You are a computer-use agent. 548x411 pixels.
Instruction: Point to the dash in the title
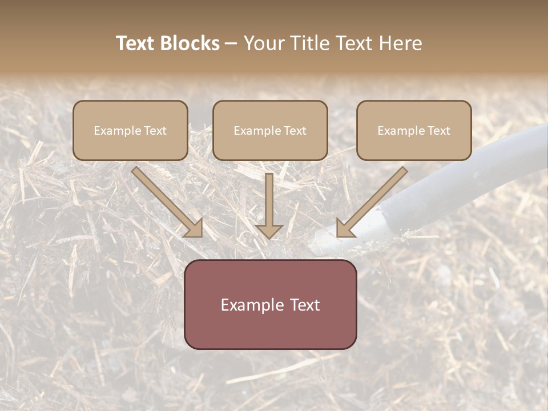click(231, 43)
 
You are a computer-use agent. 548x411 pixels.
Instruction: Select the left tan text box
click(130, 130)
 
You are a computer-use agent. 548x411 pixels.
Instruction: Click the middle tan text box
click(270, 130)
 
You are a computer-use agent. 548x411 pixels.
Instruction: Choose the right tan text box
click(414, 130)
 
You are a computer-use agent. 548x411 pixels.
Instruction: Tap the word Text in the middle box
click(295, 131)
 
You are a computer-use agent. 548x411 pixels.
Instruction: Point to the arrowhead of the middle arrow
click(269, 231)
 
